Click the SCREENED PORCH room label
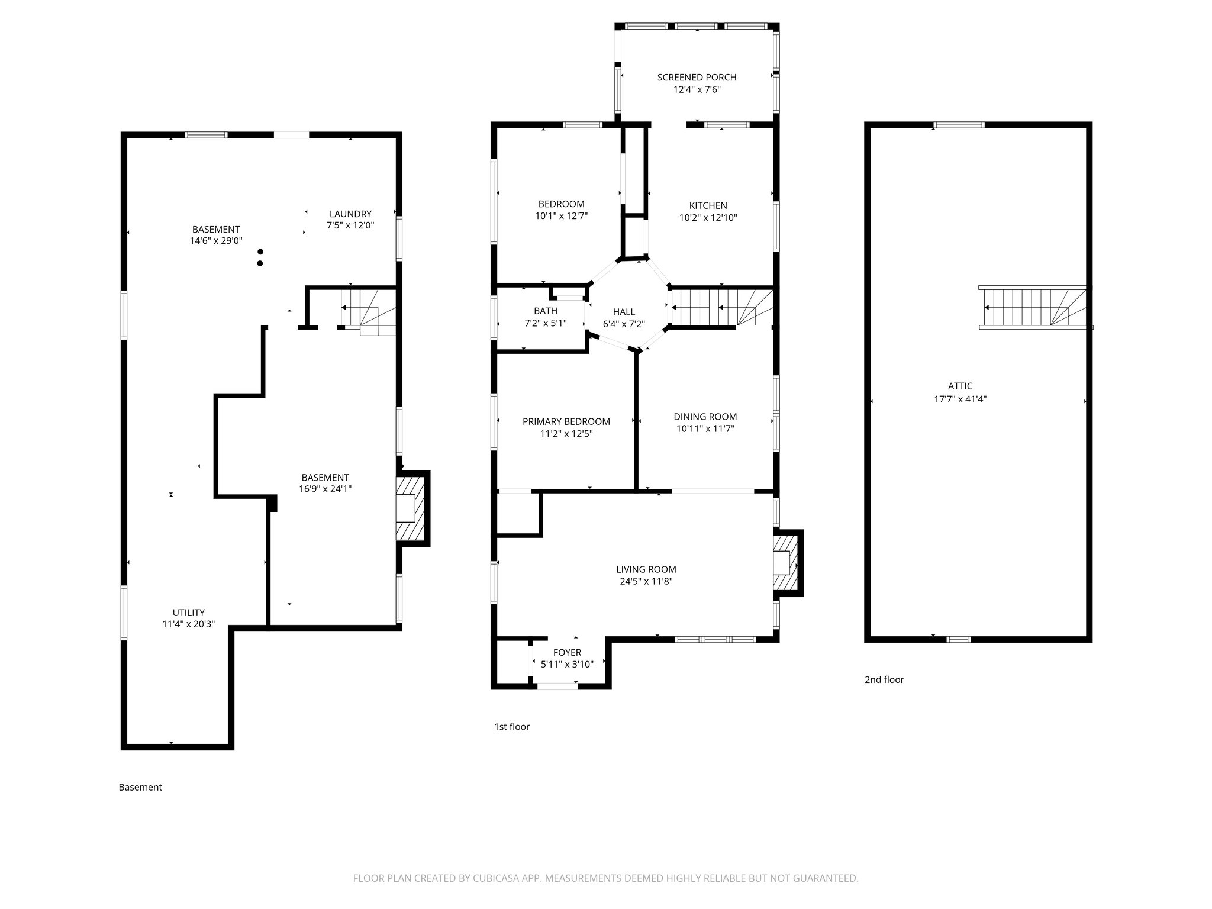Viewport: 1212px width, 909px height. [x=697, y=78]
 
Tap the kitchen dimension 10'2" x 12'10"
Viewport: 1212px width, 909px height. [x=708, y=218]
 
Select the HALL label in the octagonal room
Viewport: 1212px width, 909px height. [x=624, y=312]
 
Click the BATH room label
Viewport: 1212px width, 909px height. [x=545, y=311]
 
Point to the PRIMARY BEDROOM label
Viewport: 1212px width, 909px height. [x=566, y=421]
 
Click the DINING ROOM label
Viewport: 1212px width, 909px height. [x=705, y=417]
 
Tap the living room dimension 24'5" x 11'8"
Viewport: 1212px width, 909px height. [x=646, y=581]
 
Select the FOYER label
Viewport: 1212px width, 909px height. [x=567, y=652]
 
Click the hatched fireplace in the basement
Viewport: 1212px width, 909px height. [x=411, y=508]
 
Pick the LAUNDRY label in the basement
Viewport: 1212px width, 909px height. [x=350, y=214]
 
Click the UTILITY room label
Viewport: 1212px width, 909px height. [x=188, y=613]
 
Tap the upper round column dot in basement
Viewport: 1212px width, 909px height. [x=260, y=252]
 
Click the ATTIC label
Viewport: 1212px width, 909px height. [x=960, y=386]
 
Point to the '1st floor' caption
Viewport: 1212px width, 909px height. [x=511, y=727]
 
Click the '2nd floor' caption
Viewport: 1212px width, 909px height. [x=884, y=679]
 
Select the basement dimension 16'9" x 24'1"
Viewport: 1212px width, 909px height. [x=325, y=489]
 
